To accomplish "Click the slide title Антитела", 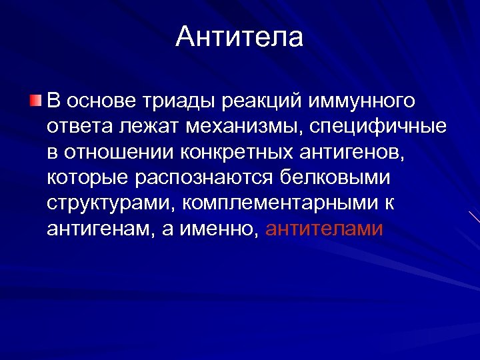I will (239, 37).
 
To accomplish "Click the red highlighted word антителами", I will (325, 229).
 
